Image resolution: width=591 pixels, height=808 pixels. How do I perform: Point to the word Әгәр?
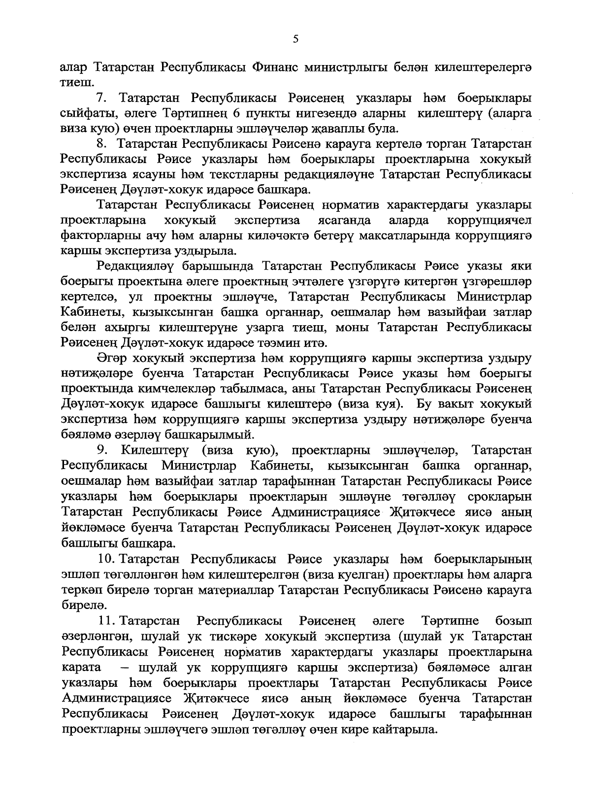click(113, 358)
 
